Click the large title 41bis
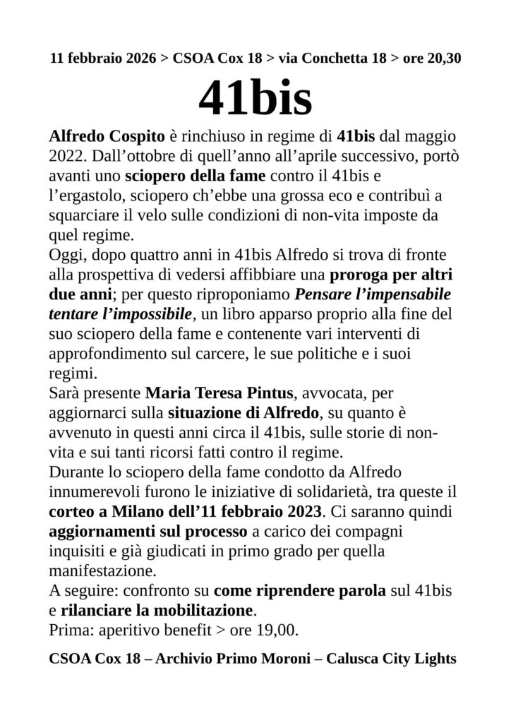tap(255, 100)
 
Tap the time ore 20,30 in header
tap(432, 59)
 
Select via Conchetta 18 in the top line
tap(332, 59)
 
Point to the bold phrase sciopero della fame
tap(196, 174)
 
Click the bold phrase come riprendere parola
tap(300, 590)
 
